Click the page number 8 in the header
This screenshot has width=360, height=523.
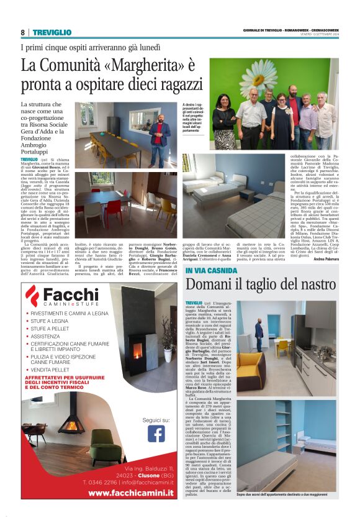tap(22, 32)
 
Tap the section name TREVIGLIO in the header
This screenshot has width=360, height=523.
tap(52, 32)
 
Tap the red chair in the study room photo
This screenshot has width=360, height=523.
tap(114, 209)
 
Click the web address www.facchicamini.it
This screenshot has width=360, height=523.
tap(130, 493)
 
